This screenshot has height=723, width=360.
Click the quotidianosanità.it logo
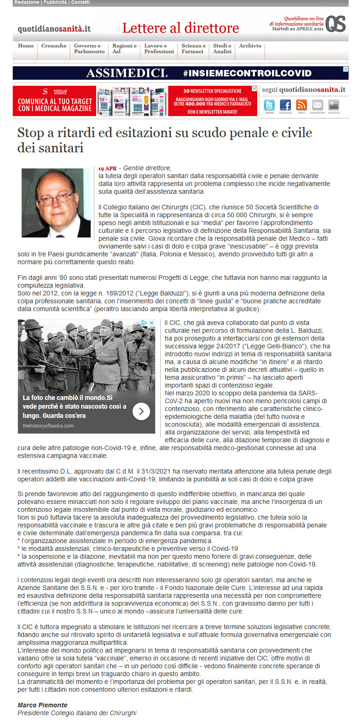coord(54,29)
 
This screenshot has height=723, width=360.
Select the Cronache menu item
coord(54,46)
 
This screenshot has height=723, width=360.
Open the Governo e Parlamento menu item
coord(89,49)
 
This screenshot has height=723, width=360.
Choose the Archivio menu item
coord(250,46)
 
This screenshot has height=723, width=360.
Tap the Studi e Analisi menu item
coord(222,49)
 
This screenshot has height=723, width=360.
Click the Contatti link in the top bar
coord(80,3)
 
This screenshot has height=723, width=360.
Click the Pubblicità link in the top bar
coord(55,3)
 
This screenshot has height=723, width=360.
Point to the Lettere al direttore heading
coord(180,28)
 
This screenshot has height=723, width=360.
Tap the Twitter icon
coord(269,105)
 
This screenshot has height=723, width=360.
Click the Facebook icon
coord(285,105)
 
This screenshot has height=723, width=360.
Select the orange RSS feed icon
coord(302,105)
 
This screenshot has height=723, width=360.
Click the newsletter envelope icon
coord(318,105)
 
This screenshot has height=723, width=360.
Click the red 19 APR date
coord(107,168)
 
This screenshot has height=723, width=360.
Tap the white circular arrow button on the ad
coord(141,411)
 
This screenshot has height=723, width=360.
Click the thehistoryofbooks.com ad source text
coord(48,426)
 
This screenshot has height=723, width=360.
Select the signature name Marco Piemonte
coord(42,705)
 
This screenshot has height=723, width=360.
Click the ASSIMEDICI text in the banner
coord(127,73)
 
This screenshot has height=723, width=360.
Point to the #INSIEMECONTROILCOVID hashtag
coord(247,73)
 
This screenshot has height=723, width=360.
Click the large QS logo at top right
coord(336,24)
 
